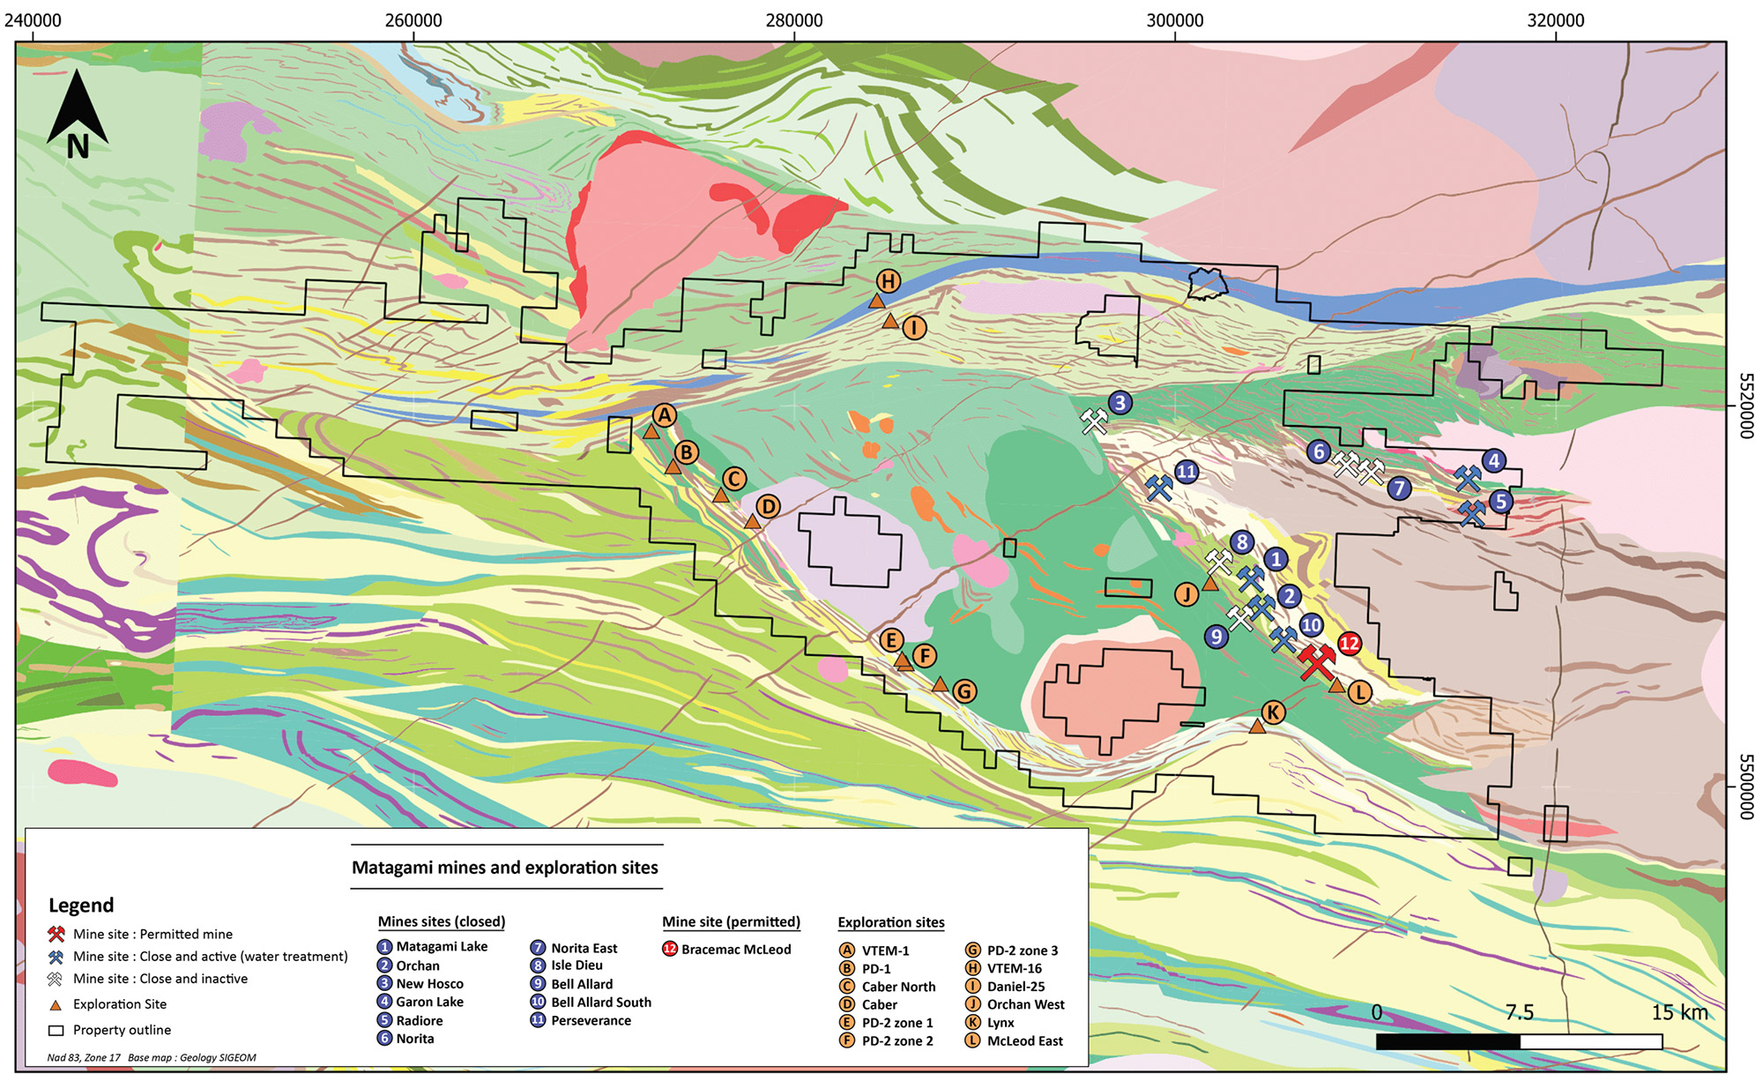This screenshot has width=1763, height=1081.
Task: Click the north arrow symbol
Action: [78, 115]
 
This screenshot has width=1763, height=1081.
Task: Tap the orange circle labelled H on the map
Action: [889, 281]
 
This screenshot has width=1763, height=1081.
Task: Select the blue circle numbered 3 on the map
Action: [1120, 403]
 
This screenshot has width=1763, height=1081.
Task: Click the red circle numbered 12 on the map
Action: [1350, 644]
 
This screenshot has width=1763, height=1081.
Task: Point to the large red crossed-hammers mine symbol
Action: [1316, 662]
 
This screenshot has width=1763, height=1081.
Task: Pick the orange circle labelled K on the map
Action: [1272, 712]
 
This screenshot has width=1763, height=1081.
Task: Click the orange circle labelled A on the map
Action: [665, 415]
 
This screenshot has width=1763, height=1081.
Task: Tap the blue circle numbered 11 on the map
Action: [1186, 472]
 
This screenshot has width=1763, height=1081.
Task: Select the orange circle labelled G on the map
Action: [964, 691]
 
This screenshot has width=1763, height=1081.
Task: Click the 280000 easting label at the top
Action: [794, 20]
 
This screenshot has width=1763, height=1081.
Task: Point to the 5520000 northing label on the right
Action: [1745, 406]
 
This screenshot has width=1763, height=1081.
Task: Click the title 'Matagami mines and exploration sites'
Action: [505, 868]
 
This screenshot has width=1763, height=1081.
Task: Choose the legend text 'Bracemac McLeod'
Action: [736, 950]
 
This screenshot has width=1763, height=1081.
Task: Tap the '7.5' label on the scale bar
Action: [1520, 1012]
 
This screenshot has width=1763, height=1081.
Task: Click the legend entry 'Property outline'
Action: [122, 1030]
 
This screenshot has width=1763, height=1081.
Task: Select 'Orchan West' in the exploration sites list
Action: [1025, 1004]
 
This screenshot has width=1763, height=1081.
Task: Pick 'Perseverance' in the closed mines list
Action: [591, 1020]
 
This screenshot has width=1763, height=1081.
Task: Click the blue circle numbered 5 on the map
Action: [1500, 502]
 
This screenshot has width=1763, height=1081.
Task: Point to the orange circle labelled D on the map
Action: [769, 506]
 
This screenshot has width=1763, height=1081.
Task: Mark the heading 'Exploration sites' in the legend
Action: [890, 922]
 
